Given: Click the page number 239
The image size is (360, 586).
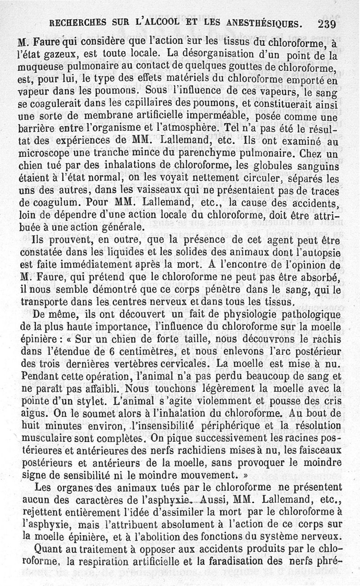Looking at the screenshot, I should (327, 23).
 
